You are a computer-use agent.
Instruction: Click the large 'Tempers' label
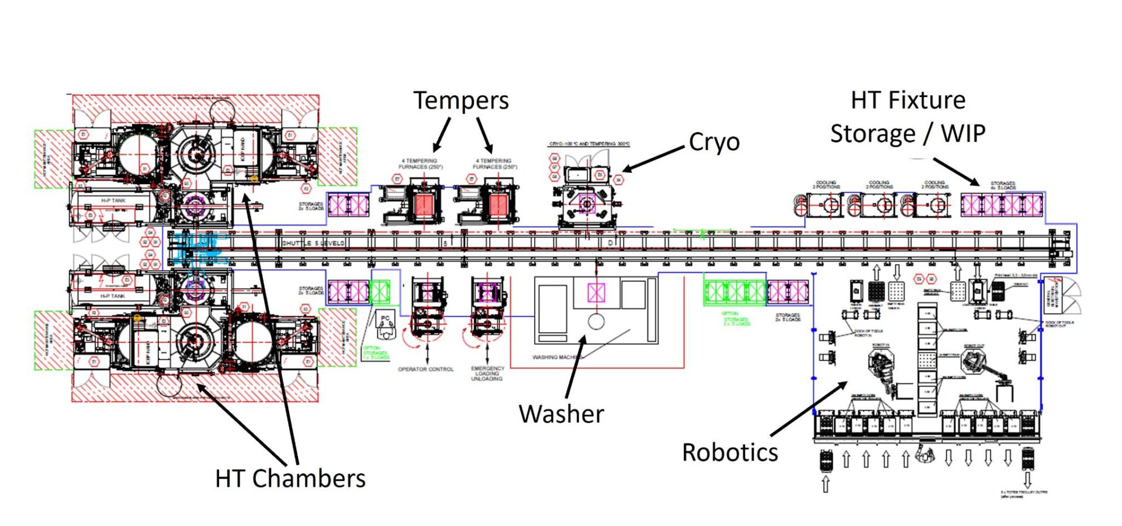[x=460, y=101]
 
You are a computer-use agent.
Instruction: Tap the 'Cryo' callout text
[x=714, y=142]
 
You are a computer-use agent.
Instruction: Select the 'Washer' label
[x=561, y=414]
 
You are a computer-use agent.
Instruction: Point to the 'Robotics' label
[x=730, y=453]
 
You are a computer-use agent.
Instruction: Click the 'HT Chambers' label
[x=290, y=479]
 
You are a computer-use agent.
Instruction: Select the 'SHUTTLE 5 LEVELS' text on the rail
[x=313, y=243]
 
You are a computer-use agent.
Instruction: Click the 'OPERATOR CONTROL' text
[x=425, y=369]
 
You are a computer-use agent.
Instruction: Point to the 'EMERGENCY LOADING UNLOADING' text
[x=487, y=373]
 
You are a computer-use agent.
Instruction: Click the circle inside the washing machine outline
[x=596, y=321]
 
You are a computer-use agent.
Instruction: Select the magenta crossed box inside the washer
[x=596, y=292]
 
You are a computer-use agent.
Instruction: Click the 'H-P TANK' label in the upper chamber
[x=113, y=200]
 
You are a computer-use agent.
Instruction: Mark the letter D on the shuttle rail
[x=611, y=243]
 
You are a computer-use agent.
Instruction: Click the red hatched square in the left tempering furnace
[x=423, y=205]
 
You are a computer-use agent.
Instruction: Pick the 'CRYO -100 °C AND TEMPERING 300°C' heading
[x=589, y=144]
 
